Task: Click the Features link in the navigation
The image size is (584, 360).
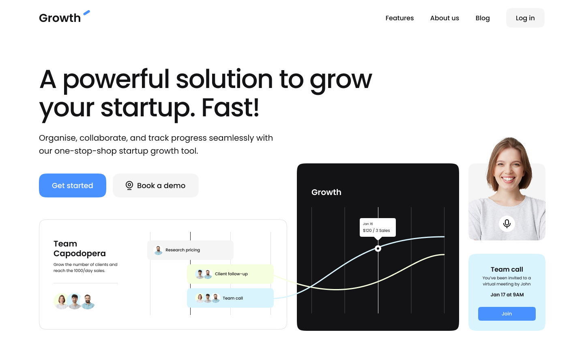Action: pyautogui.click(x=399, y=18)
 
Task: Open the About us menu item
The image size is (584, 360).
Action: pyautogui.click(x=444, y=18)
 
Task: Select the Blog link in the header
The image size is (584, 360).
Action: pyautogui.click(x=483, y=18)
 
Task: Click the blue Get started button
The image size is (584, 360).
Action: pyautogui.click(x=73, y=185)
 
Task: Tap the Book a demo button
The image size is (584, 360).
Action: pyautogui.click(x=156, y=185)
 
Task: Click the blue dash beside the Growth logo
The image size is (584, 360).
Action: pyautogui.click(x=86, y=13)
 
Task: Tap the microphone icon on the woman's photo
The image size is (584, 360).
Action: pyautogui.click(x=507, y=224)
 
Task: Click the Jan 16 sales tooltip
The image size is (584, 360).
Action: pyautogui.click(x=378, y=227)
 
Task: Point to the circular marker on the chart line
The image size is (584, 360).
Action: pyautogui.click(x=378, y=249)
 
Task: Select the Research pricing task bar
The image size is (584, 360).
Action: pyautogui.click(x=190, y=250)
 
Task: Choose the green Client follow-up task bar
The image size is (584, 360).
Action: pyautogui.click(x=230, y=274)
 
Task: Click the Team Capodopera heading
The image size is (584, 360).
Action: pyautogui.click(x=79, y=249)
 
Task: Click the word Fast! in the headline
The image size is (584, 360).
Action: pyautogui.click(x=230, y=108)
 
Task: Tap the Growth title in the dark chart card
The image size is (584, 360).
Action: pyautogui.click(x=326, y=192)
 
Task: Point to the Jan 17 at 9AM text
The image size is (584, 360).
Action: pyautogui.click(x=507, y=295)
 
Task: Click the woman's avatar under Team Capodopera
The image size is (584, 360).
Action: pyautogui.click(x=61, y=301)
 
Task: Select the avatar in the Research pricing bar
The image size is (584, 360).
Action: pyautogui.click(x=158, y=250)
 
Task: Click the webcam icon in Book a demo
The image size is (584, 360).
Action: pyautogui.click(x=129, y=185)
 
